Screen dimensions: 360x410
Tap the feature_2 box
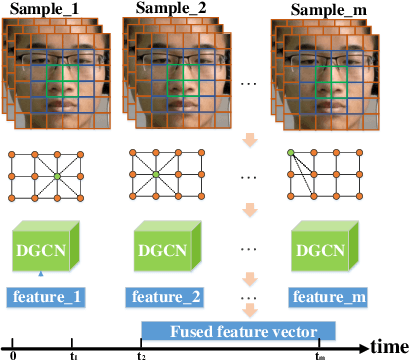click(167, 297)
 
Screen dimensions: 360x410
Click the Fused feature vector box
click(236, 331)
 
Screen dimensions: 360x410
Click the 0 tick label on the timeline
click(12, 354)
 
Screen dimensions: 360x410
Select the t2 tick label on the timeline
click(141, 354)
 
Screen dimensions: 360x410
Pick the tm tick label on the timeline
click(320, 354)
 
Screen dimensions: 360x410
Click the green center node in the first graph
click(59, 177)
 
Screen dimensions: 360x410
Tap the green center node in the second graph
click(155, 177)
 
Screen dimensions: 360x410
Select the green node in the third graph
click(291, 153)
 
